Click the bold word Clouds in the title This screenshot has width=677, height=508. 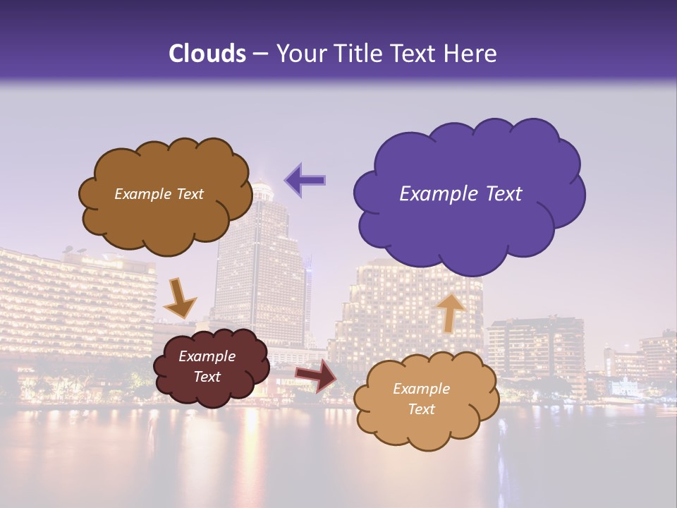tap(207, 54)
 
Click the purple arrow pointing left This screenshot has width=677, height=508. tap(305, 179)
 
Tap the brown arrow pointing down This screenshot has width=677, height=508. tap(180, 297)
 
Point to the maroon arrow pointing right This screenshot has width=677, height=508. tap(316, 375)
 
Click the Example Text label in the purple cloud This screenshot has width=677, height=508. tap(461, 194)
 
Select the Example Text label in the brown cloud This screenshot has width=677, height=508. tap(159, 194)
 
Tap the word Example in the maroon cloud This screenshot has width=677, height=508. tap(207, 356)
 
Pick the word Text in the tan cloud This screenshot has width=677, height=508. tap(422, 409)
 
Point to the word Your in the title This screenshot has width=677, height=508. tap(298, 54)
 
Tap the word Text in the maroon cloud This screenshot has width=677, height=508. tap(207, 377)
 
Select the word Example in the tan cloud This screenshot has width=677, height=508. tap(421, 389)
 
